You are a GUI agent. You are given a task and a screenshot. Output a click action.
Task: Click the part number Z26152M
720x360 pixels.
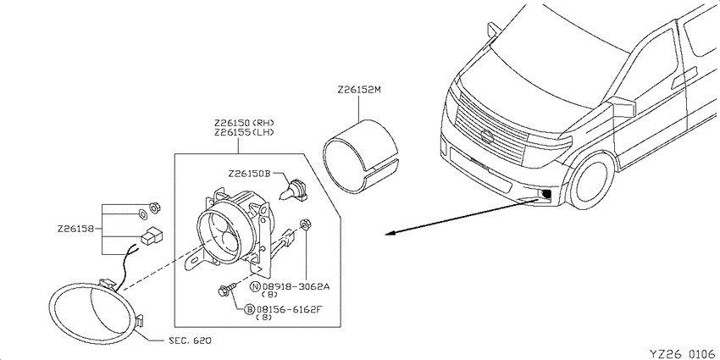coord(359,90)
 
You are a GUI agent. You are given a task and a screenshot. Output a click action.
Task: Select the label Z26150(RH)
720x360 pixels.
coord(244,123)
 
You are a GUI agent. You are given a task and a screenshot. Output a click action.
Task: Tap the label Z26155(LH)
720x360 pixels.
coord(244,133)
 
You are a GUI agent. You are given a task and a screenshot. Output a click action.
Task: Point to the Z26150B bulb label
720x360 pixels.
coord(249,174)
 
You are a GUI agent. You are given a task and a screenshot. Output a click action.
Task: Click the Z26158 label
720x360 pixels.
coord(76,229)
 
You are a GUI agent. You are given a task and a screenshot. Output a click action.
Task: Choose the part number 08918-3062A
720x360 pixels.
coord(296,287)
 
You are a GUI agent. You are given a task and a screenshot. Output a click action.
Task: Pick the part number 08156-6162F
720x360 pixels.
coord(290,309)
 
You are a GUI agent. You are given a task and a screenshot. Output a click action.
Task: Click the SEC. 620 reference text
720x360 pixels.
coord(189,341)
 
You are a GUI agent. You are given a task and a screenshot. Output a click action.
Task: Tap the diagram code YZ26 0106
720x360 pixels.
coord(684,353)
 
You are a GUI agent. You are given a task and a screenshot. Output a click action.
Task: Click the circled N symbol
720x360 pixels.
coord(255,287)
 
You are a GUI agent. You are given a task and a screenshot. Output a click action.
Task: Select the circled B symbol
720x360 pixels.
coord(249,309)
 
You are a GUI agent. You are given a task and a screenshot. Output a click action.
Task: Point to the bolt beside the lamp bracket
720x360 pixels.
coord(227,289)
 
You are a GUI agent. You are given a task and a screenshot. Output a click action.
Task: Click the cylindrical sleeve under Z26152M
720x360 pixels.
coord(361,154)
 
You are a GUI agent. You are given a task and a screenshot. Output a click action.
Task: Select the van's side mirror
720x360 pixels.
coord(624,107)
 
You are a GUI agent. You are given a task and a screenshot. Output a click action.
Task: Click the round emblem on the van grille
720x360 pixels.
coord(486,136)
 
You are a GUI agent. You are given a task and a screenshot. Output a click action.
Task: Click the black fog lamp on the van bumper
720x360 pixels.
coord(546,195)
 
